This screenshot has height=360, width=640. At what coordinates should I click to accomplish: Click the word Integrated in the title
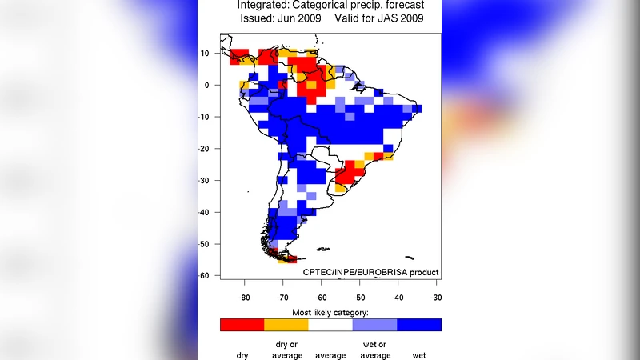(266, 5)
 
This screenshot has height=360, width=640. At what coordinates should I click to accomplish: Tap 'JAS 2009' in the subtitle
(401, 18)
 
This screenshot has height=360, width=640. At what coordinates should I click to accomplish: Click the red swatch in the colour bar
(242, 325)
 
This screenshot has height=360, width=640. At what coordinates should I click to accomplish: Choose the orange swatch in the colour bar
(286, 325)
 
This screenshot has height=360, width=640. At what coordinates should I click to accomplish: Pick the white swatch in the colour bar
(330, 325)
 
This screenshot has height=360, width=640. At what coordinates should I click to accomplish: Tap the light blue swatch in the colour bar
(374, 325)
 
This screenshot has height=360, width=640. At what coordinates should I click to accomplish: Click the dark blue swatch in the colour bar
(419, 325)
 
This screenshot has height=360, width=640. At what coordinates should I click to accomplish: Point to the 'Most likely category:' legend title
(330, 311)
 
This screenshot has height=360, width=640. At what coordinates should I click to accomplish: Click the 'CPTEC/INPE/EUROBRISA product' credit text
(370, 272)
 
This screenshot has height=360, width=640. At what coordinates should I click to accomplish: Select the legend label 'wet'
(418, 354)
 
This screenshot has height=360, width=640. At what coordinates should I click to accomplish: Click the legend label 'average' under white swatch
(330, 354)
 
